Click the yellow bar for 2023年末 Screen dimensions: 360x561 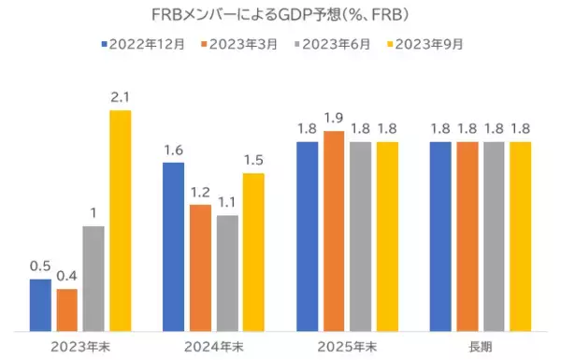click(x=120, y=220)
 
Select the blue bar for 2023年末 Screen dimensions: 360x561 click(x=40, y=305)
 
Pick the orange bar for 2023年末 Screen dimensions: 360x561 click(x=66, y=310)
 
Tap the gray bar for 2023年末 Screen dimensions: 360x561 click(x=93, y=279)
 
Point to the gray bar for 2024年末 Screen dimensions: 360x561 click(x=227, y=273)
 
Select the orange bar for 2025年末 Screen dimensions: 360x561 click(x=333, y=231)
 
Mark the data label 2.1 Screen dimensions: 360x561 click(x=120, y=98)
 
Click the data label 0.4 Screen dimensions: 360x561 click(x=66, y=276)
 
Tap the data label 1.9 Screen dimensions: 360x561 click(x=333, y=119)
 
